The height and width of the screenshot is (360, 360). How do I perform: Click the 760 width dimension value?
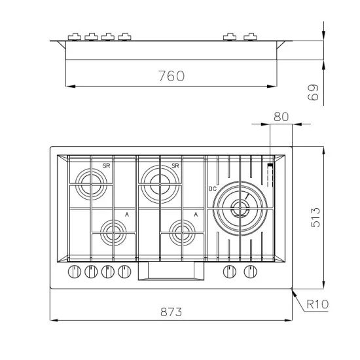[x=171, y=76]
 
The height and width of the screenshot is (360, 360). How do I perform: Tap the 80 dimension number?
[x=281, y=117]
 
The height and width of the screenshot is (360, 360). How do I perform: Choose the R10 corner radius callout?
[x=317, y=304]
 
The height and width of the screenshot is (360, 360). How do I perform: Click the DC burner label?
[x=212, y=189]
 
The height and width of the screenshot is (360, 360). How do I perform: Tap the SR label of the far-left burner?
[x=105, y=166]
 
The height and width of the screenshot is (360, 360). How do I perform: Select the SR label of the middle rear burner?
[x=175, y=166]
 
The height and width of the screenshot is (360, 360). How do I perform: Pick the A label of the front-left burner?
[x=126, y=213]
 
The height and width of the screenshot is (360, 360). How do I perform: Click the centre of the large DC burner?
[x=240, y=208]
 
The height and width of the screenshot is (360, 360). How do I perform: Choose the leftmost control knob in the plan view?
[x=73, y=272]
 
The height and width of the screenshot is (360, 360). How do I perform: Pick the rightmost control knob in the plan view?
[x=249, y=272]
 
